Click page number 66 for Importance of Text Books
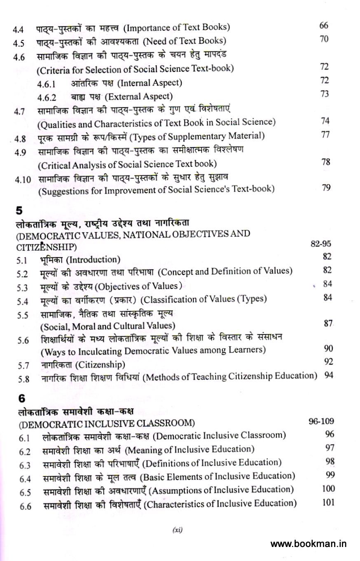[324, 26]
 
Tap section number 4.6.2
[47, 98]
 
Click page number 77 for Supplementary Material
[325, 135]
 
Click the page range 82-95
[321, 243]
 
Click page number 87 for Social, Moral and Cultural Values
[328, 324]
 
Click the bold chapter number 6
[21, 398]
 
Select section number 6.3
[25, 465]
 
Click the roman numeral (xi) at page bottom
[177, 530]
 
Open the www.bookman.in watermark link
[308, 544]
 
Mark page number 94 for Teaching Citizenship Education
[329, 375]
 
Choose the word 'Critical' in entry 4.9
[54, 164]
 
